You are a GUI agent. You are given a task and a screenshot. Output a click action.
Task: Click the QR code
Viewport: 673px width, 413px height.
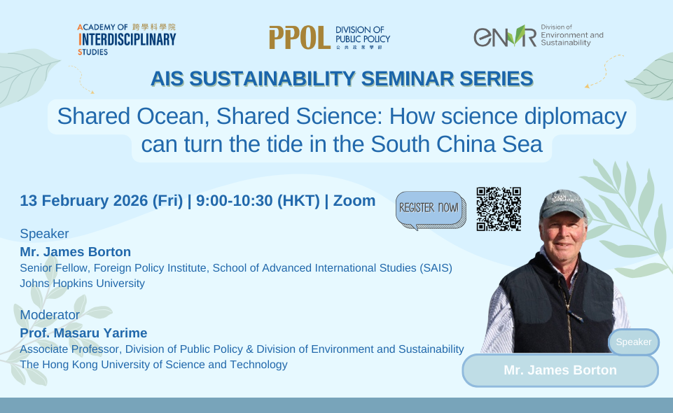pyautogui.click(x=499, y=209)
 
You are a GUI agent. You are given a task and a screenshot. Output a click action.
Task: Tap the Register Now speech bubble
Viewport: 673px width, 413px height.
pyautogui.click(x=429, y=209)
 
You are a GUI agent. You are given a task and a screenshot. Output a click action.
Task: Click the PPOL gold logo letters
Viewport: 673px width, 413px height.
pyautogui.click(x=299, y=38)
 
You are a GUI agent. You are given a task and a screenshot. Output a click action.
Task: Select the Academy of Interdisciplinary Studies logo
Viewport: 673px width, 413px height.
pyautogui.click(x=127, y=38)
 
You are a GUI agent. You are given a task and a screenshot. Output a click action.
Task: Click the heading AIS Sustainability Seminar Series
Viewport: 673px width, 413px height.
pyautogui.click(x=342, y=79)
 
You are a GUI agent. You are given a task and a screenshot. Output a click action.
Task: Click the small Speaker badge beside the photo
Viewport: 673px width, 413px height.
pyautogui.click(x=634, y=342)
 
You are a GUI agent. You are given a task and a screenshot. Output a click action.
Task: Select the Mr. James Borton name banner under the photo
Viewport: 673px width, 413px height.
pyautogui.click(x=560, y=370)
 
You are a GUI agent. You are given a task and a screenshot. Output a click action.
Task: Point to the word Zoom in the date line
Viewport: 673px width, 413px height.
pyautogui.click(x=354, y=201)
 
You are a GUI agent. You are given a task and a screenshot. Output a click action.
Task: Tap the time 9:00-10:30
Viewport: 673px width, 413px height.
pyautogui.click(x=234, y=201)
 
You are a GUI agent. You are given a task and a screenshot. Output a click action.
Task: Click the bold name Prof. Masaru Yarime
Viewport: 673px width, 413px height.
pyautogui.click(x=83, y=333)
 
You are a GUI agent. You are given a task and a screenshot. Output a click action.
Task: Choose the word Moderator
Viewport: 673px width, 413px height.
pyautogui.click(x=50, y=315)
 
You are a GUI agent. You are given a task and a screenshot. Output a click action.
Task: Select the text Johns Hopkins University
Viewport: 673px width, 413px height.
pyautogui.click(x=83, y=283)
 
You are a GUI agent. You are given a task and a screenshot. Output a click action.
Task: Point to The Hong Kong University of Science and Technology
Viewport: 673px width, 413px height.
pyautogui.click(x=154, y=365)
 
